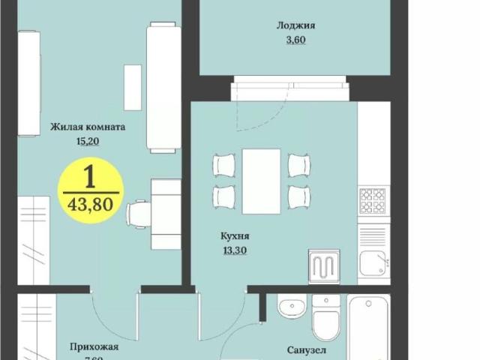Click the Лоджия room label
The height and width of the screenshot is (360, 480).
(295, 25)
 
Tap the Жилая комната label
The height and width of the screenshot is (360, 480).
(88, 127)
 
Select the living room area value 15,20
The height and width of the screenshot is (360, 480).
(88, 140)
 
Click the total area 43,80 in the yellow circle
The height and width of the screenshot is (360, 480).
(89, 205)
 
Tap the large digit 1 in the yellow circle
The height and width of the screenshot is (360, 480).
(89, 177)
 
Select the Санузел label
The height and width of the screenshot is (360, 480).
(307, 349)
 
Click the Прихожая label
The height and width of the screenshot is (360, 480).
(94, 346)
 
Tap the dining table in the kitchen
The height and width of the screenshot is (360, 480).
(261, 181)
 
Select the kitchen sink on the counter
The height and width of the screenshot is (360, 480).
(372, 262)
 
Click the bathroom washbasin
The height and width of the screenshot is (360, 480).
(291, 307)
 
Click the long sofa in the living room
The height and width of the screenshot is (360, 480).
(163, 87)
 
